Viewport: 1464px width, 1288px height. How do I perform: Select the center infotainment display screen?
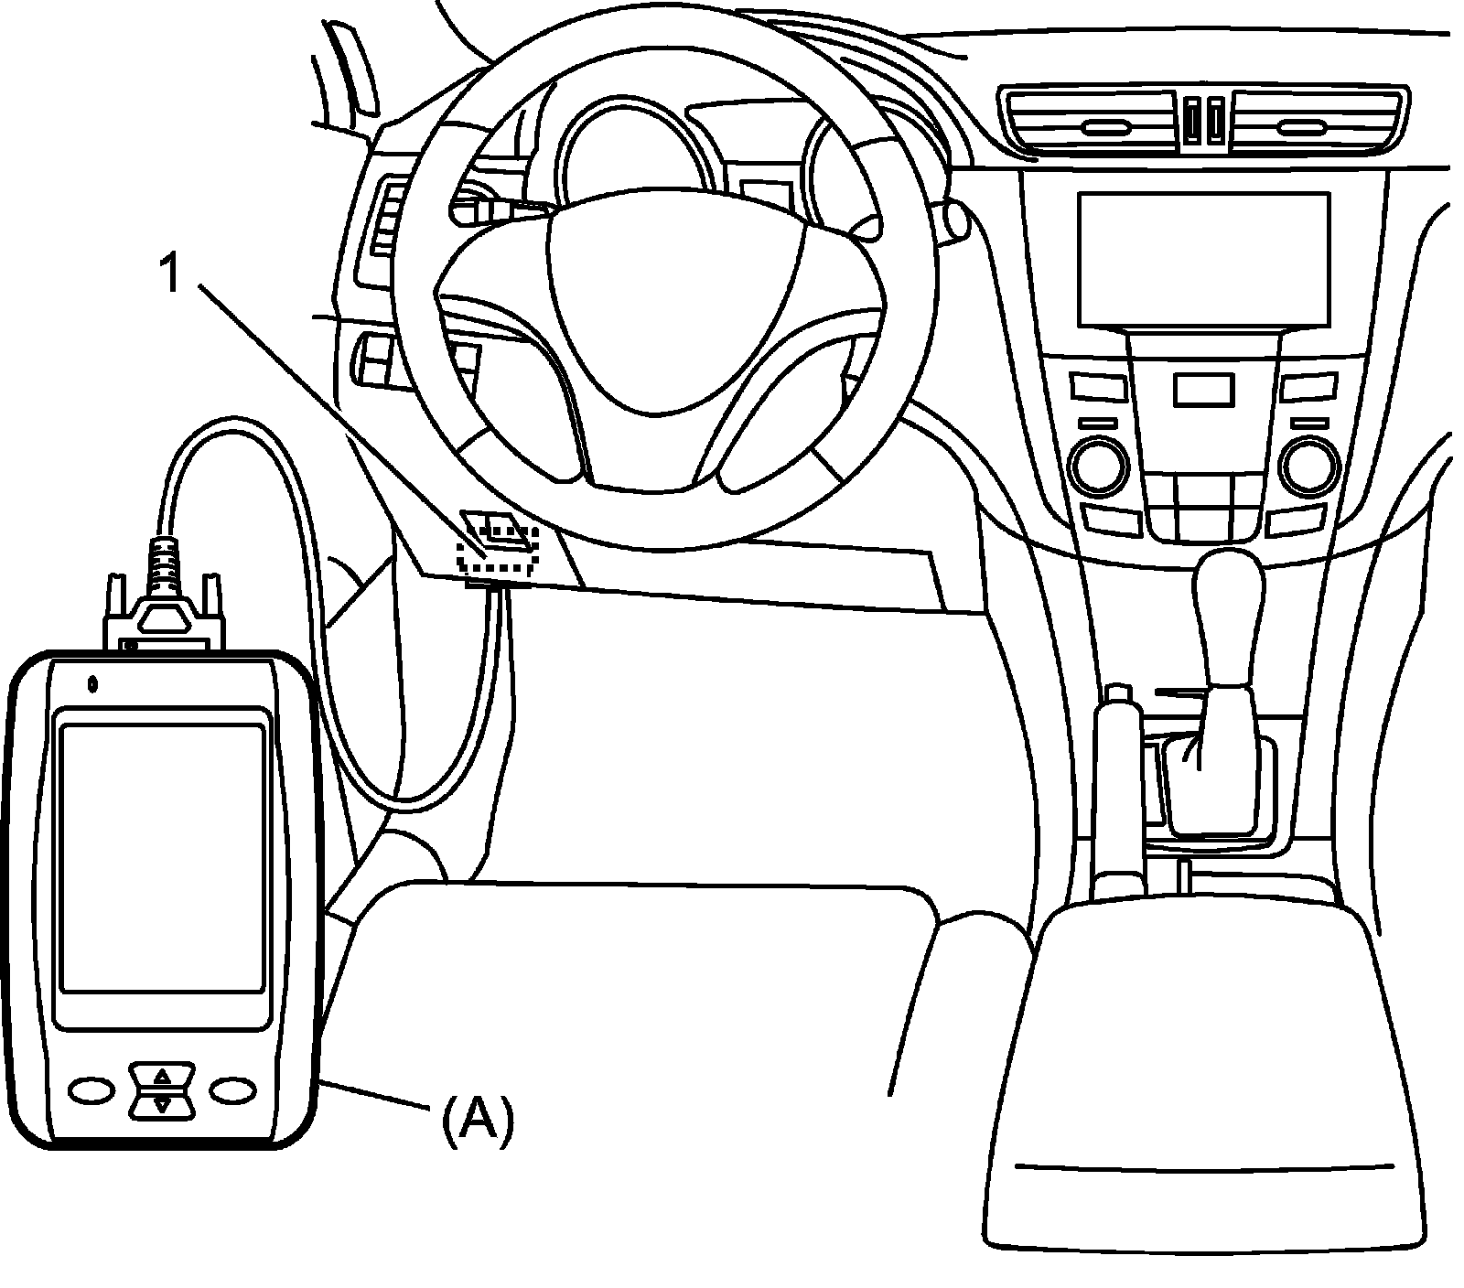[x=1202, y=258]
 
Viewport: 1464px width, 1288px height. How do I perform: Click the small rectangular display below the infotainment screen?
[x=1201, y=390]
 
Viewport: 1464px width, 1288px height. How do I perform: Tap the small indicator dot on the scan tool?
[x=92, y=682]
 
